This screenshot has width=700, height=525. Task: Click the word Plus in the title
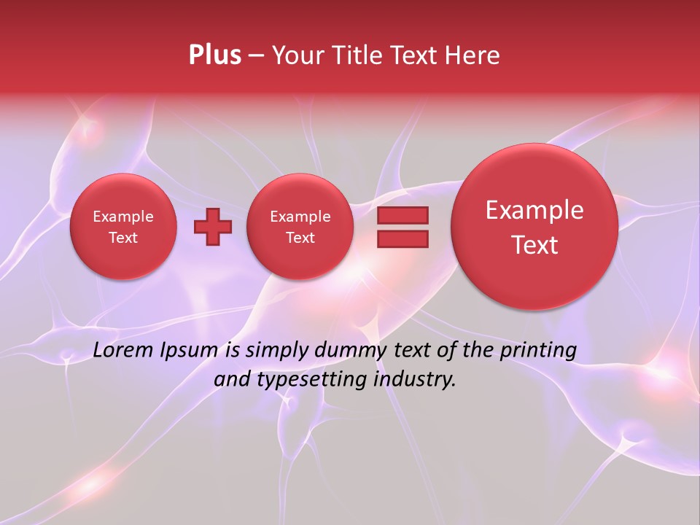(214, 55)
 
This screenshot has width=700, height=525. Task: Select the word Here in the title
(473, 55)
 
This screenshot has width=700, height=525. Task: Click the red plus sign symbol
(213, 227)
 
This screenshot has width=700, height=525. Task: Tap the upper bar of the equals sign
(402, 215)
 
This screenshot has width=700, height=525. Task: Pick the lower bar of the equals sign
(402, 238)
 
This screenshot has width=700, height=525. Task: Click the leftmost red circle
(123, 227)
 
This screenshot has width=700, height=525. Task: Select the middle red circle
(300, 227)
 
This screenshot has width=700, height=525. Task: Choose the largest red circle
(534, 227)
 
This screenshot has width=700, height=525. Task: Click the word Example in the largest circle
(534, 210)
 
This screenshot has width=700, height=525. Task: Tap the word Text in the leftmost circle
(123, 238)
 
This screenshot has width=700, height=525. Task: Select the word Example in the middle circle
(300, 217)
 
